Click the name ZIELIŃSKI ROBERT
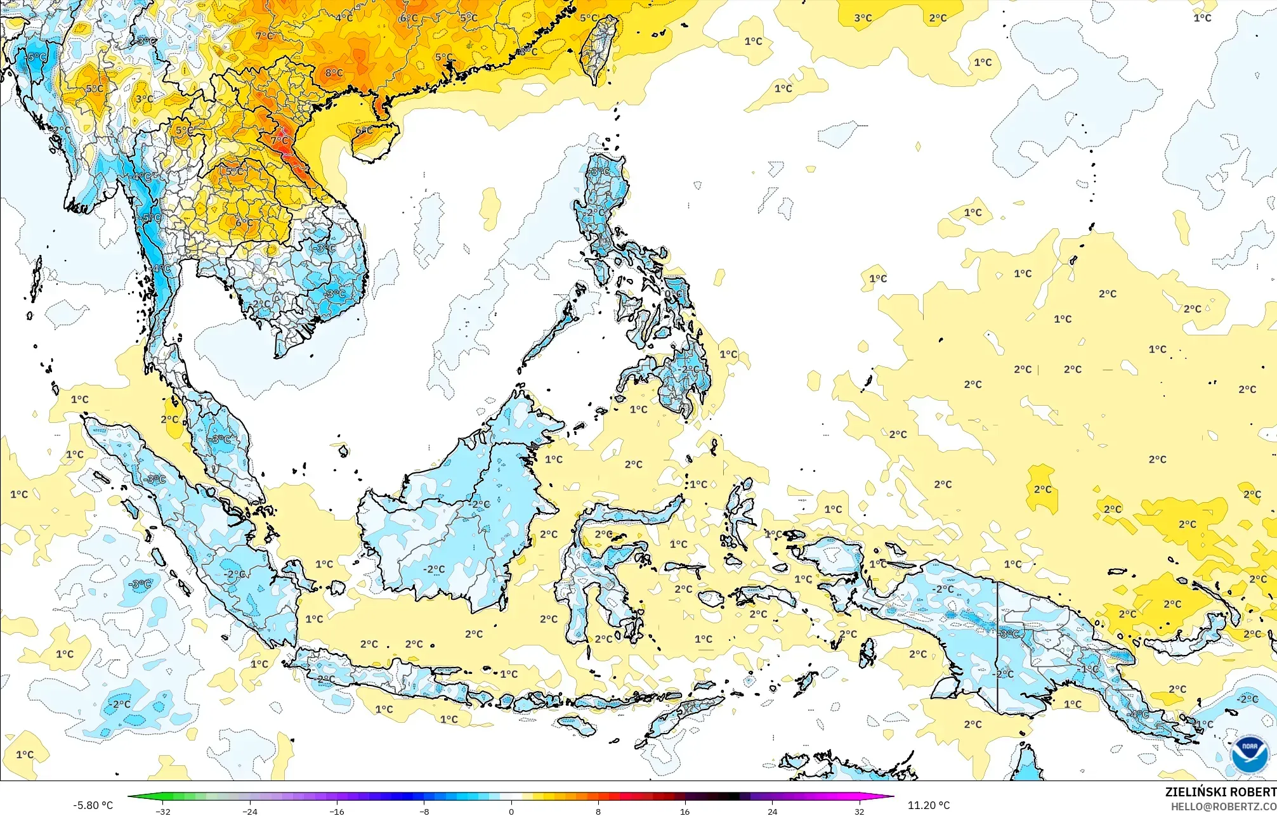pos(1220,792)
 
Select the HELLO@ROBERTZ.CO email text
pos(1223,806)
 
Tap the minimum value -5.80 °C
pos(93,805)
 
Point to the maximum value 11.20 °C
pos(929,805)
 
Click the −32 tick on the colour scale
pos(163,812)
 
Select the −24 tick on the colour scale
pos(250,812)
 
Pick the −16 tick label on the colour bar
pos(337,812)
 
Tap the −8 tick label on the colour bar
pos(424,812)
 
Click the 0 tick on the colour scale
pos(511,812)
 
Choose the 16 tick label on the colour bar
pos(685,812)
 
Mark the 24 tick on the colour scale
pos(772,812)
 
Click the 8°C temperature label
pos(334,73)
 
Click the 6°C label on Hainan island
pos(363,131)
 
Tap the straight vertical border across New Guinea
pos(998,647)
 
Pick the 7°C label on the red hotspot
pos(279,141)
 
